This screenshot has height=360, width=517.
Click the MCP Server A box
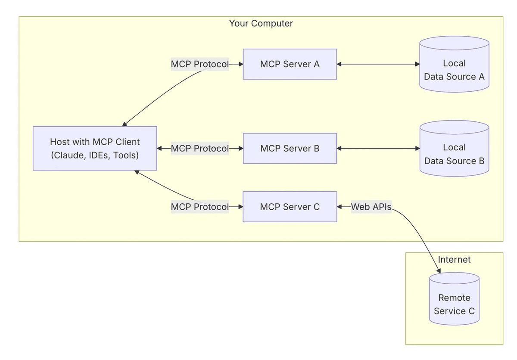pos(290,64)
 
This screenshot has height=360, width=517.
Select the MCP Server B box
pos(290,149)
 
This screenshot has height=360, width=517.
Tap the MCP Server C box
pos(290,207)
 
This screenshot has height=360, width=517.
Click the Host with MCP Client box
pos(95,149)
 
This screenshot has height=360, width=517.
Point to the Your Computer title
pos(261,23)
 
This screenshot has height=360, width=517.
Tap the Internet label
pos(454,260)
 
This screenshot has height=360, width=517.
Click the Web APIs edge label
pos(371,207)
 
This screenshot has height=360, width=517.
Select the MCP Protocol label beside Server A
pos(199,64)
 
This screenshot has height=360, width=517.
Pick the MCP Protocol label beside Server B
pos(199,149)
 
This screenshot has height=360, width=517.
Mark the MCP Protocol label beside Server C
pos(199,207)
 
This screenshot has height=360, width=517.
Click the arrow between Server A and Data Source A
pos(378,64)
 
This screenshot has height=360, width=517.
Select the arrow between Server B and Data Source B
pos(378,149)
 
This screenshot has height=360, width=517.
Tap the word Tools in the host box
pos(125,155)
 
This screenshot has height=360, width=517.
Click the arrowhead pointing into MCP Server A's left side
pos(241,64)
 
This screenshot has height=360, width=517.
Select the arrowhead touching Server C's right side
pos(339,207)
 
